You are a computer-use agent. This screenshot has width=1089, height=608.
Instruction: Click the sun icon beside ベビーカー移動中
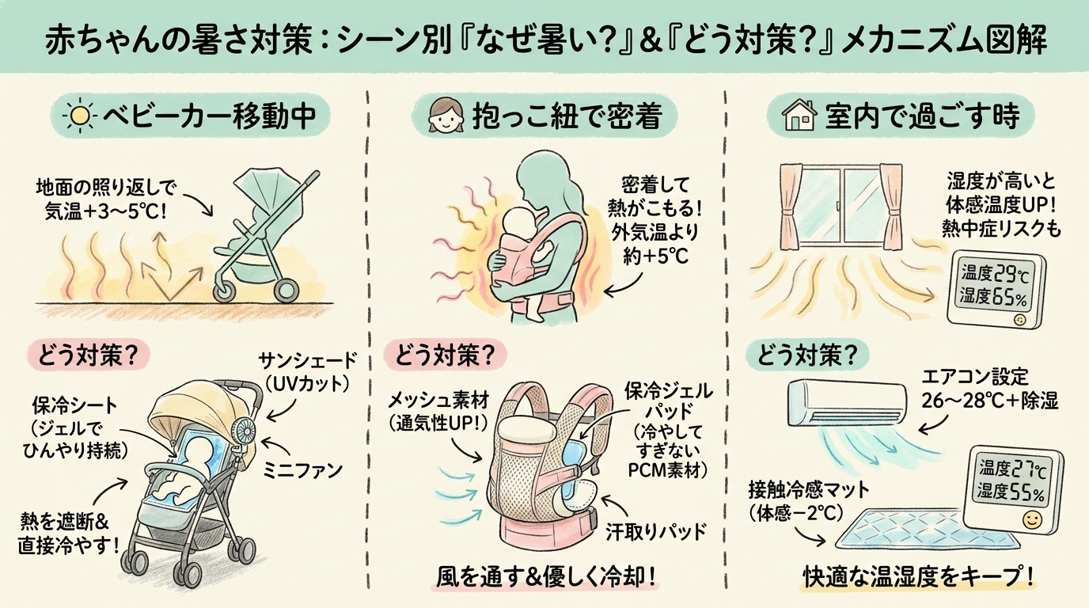[x=79, y=117]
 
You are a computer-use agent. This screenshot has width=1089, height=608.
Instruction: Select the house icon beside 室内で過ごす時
[x=798, y=117]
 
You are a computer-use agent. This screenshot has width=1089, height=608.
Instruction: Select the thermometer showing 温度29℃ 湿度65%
[x=996, y=287]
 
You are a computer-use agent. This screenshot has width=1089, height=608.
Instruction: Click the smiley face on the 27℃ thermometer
[x=1030, y=521]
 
